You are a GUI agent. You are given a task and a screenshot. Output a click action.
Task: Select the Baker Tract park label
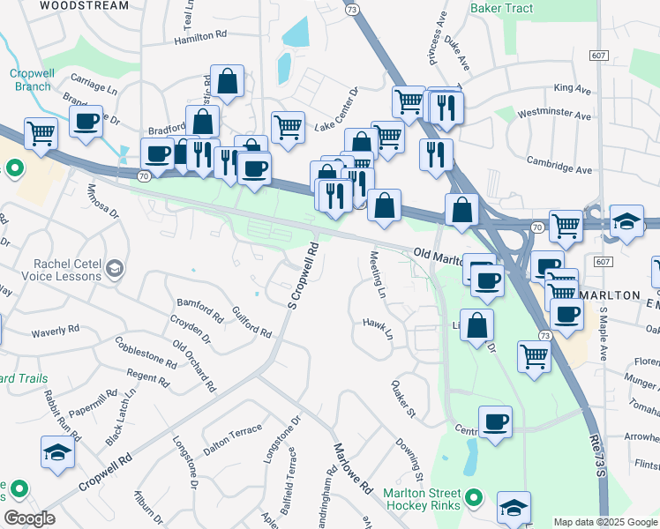tap(503, 8)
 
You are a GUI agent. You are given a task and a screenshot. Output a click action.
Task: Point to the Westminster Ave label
tap(554, 115)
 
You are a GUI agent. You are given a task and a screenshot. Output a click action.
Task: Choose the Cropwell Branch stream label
tap(32, 79)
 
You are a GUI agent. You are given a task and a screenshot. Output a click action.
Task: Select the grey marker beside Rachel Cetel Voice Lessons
tap(114, 266)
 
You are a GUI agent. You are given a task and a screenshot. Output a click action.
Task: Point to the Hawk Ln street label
tap(378, 329)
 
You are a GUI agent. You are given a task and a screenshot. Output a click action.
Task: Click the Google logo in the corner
tap(29, 518)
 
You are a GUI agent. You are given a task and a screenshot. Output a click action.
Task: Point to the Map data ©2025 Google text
tap(604, 522)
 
